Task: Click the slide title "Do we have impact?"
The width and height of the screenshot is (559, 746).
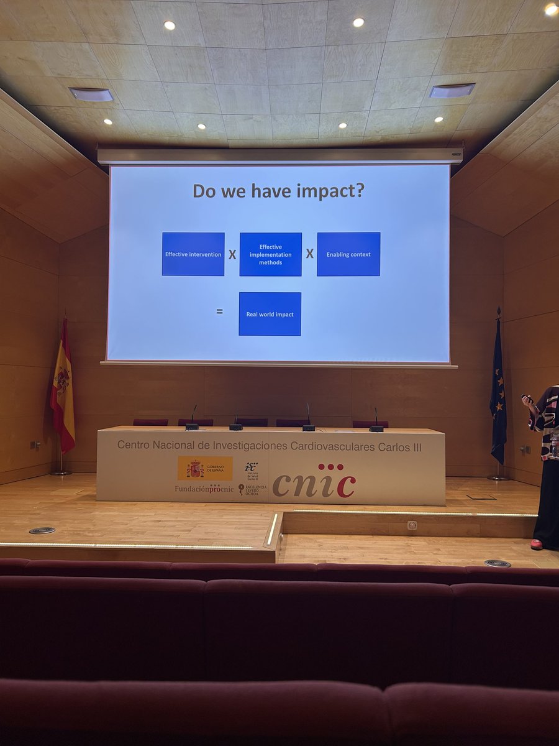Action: tap(278, 191)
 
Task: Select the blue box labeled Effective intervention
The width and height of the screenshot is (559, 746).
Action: tap(193, 254)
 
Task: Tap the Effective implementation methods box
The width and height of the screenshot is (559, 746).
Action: tap(270, 254)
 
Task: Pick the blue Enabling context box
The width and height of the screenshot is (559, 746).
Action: tap(348, 254)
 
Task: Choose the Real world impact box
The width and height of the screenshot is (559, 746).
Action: tap(270, 314)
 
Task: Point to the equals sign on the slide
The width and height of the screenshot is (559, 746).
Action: tap(219, 311)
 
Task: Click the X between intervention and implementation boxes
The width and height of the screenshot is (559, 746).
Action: tap(232, 254)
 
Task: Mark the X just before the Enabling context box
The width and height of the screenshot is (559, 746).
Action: tap(309, 254)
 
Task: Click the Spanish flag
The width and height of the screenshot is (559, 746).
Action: tap(63, 389)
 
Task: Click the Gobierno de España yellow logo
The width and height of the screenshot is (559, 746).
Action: tap(205, 468)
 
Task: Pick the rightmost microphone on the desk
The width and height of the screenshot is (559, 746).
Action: tap(376, 421)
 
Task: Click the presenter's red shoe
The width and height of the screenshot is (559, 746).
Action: tap(536, 545)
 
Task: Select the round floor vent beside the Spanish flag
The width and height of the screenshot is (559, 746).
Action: tap(42, 530)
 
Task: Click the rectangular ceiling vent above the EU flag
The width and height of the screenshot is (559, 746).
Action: tap(453, 90)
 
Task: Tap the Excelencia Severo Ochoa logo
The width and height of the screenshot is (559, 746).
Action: tap(253, 489)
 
